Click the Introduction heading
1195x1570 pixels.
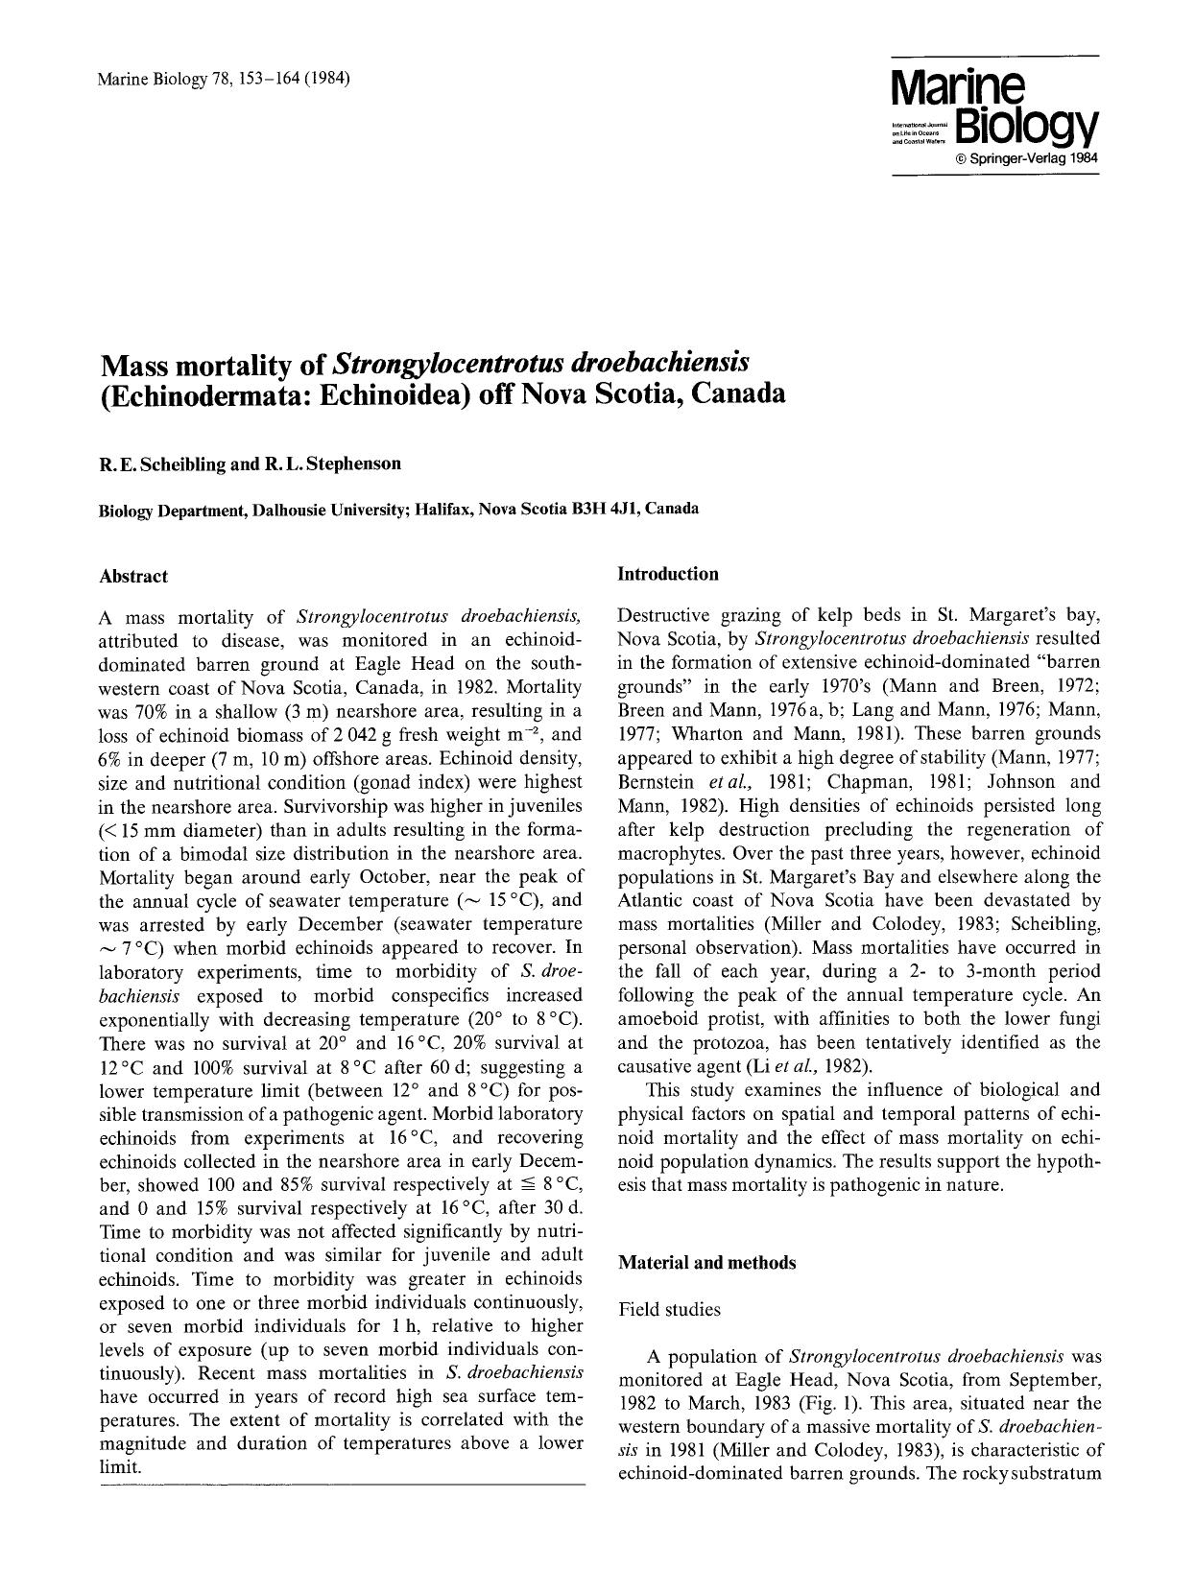tap(667, 574)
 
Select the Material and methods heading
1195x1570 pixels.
tap(706, 1263)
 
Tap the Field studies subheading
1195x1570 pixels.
tap(669, 1309)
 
